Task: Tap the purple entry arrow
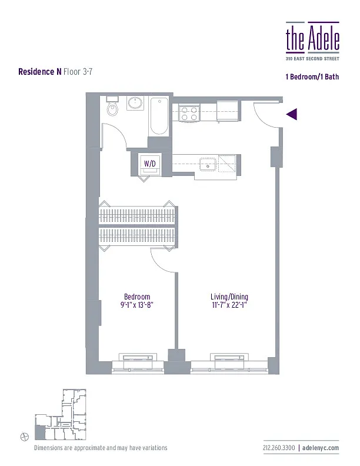point(292,115)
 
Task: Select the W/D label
point(150,164)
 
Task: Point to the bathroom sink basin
point(135,105)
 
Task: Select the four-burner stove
point(188,113)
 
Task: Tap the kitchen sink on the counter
point(208,164)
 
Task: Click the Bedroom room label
point(137,297)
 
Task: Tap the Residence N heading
point(40,71)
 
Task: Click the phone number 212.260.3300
point(279,448)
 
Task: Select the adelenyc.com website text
point(321,448)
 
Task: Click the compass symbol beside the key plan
point(24,436)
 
